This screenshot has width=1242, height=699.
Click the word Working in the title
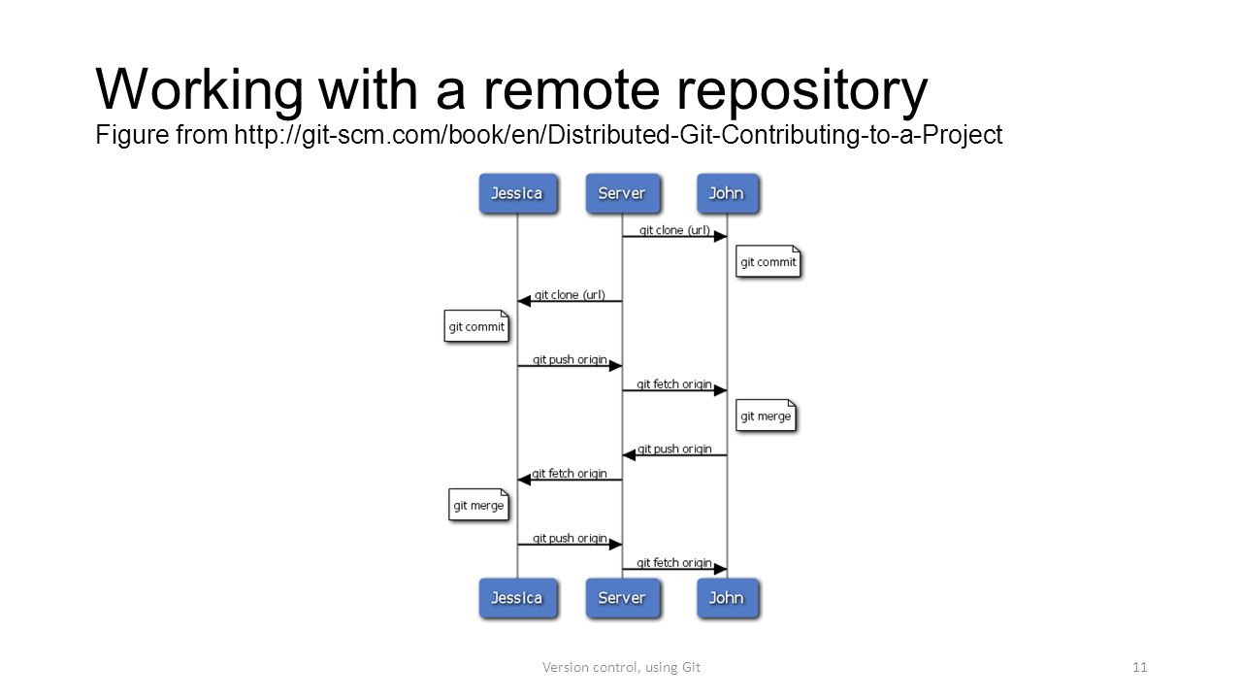[x=200, y=91]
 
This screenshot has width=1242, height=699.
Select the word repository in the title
[x=801, y=91]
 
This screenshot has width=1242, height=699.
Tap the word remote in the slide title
[x=572, y=90]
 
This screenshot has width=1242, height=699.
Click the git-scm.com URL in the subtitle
[x=618, y=135]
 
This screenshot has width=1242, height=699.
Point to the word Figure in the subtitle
[x=132, y=135]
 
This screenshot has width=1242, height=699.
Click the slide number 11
[x=1139, y=667]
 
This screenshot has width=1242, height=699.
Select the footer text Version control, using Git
[x=621, y=667]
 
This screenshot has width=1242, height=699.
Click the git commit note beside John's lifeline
[x=768, y=261]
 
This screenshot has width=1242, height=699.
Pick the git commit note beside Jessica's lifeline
[x=476, y=326]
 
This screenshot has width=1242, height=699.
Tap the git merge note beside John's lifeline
[x=766, y=416]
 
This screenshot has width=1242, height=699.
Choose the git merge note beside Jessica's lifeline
[x=478, y=505]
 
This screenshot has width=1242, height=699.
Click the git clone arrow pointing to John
[x=674, y=237]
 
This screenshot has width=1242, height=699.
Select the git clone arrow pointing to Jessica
[x=570, y=301]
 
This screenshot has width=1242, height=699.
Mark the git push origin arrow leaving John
[x=674, y=455]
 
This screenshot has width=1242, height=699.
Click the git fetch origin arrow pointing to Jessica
[x=570, y=480]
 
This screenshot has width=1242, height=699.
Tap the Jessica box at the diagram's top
[x=518, y=193]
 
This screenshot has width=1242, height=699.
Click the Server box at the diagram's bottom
[x=623, y=598]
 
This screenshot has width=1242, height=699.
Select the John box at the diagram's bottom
[x=728, y=598]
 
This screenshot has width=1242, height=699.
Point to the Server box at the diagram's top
[x=623, y=193]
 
